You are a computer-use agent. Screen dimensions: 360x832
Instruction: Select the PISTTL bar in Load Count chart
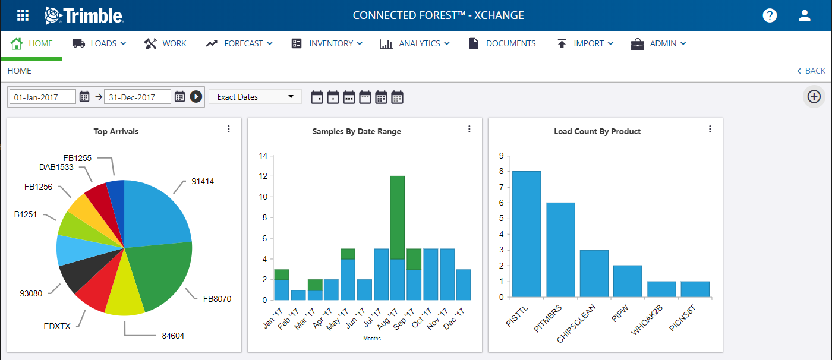click(x=527, y=233)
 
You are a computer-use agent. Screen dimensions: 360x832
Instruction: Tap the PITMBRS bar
click(x=560, y=250)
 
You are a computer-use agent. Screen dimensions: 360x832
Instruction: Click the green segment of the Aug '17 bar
click(x=397, y=217)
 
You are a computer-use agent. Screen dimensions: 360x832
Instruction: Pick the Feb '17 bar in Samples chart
click(x=298, y=295)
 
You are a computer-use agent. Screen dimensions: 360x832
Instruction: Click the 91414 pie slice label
click(x=203, y=181)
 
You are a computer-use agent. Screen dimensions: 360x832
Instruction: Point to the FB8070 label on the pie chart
click(x=217, y=299)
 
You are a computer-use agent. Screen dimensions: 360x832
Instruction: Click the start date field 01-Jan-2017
click(x=43, y=97)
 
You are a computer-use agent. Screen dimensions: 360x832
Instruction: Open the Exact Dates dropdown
click(x=255, y=97)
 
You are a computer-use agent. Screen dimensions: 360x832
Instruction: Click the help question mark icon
click(x=770, y=15)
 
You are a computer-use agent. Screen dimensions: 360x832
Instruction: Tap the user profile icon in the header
click(x=805, y=15)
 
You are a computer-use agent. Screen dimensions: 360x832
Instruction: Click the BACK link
click(x=811, y=71)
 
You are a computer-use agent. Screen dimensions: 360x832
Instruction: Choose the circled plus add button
click(x=814, y=97)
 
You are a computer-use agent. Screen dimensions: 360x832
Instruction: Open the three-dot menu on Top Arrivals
click(x=229, y=130)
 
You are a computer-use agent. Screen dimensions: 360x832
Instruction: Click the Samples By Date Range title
click(x=357, y=131)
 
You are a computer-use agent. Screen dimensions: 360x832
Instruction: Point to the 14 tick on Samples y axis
click(x=264, y=156)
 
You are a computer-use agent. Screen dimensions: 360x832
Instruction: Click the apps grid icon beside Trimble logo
click(x=23, y=15)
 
